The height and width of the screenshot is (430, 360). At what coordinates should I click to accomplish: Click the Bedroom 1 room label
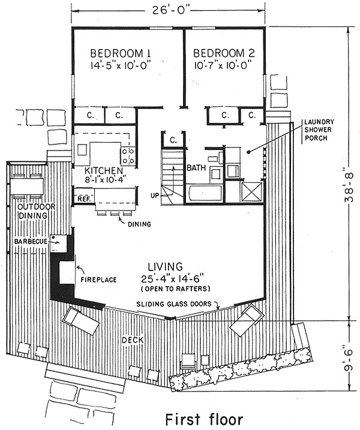[x=121, y=53]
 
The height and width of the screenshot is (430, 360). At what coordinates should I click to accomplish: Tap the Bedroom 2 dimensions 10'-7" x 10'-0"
[x=223, y=66]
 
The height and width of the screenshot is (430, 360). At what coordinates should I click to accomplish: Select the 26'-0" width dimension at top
[x=167, y=11]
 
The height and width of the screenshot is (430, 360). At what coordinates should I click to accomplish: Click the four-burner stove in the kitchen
[x=128, y=156]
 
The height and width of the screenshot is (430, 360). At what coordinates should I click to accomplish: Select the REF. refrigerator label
[x=84, y=199]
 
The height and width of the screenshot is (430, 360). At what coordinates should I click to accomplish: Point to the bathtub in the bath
[x=204, y=193]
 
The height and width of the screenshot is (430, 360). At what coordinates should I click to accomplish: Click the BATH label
[x=196, y=167]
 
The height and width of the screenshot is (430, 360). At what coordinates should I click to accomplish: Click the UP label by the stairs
[x=155, y=196]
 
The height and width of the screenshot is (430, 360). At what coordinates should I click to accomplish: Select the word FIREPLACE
[x=99, y=279]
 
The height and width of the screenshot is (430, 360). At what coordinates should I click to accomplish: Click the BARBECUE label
[x=31, y=242]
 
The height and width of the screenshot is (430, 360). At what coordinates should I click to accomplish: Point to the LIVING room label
[x=166, y=266]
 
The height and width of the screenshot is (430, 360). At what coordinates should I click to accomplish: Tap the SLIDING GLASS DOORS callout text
[x=174, y=304]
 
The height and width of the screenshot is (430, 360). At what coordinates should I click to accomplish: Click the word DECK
[x=133, y=340]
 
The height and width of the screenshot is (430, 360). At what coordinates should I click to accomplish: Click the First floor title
[x=204, y=419]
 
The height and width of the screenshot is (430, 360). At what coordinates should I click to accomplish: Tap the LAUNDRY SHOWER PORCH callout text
[x=319, y=130]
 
